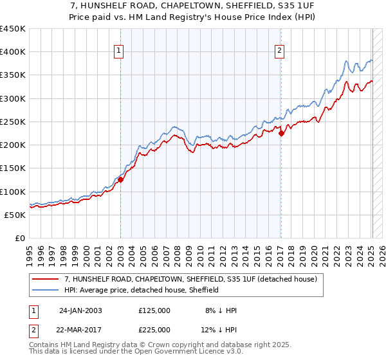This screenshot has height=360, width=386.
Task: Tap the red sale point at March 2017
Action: (281, 133)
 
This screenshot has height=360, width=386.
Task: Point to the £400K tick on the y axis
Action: (12, 52)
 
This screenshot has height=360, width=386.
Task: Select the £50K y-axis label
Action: (15, 215)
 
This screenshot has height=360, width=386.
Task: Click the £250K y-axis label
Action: (12, 122)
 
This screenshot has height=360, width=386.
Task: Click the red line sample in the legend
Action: (46, 280)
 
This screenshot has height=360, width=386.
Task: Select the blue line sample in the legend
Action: (46, 291)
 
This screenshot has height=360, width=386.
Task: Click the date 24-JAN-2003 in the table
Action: (80, 310)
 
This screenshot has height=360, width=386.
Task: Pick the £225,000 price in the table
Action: (154, 329)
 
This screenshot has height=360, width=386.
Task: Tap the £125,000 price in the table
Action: (154, 310)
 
